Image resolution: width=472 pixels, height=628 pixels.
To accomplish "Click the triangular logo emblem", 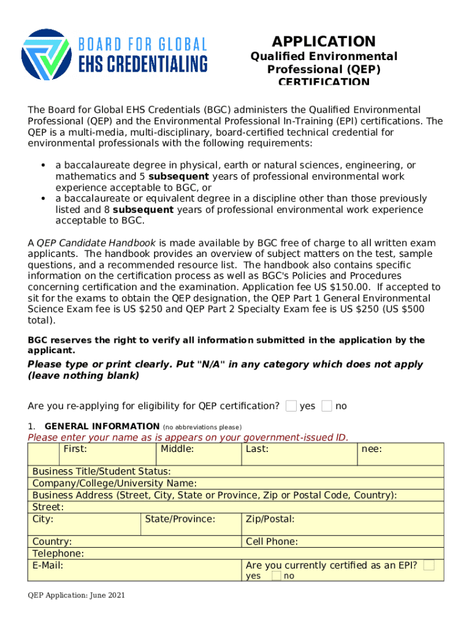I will [47, 55].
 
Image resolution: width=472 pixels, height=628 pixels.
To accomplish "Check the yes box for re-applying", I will [292, 405].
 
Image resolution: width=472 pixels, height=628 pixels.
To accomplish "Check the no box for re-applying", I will [327, 405].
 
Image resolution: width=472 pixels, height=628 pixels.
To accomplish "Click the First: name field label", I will [75, 449].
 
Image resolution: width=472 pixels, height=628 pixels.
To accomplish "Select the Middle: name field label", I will [177, 449].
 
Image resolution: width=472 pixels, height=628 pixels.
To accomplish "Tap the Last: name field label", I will [257, 449].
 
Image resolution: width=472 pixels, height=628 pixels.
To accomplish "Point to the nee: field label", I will [371, 449].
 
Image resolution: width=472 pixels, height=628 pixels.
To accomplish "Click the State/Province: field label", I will [180, 519].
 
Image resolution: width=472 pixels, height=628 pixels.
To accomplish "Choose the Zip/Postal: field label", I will [270, 519].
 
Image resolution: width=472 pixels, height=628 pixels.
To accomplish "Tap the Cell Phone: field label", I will [272, 542].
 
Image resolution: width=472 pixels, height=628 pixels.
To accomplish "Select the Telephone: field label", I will [58, 553].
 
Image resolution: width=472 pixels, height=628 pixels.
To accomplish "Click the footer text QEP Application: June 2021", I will [77, 595].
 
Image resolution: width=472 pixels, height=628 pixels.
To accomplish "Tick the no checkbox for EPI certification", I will [276, 576].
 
